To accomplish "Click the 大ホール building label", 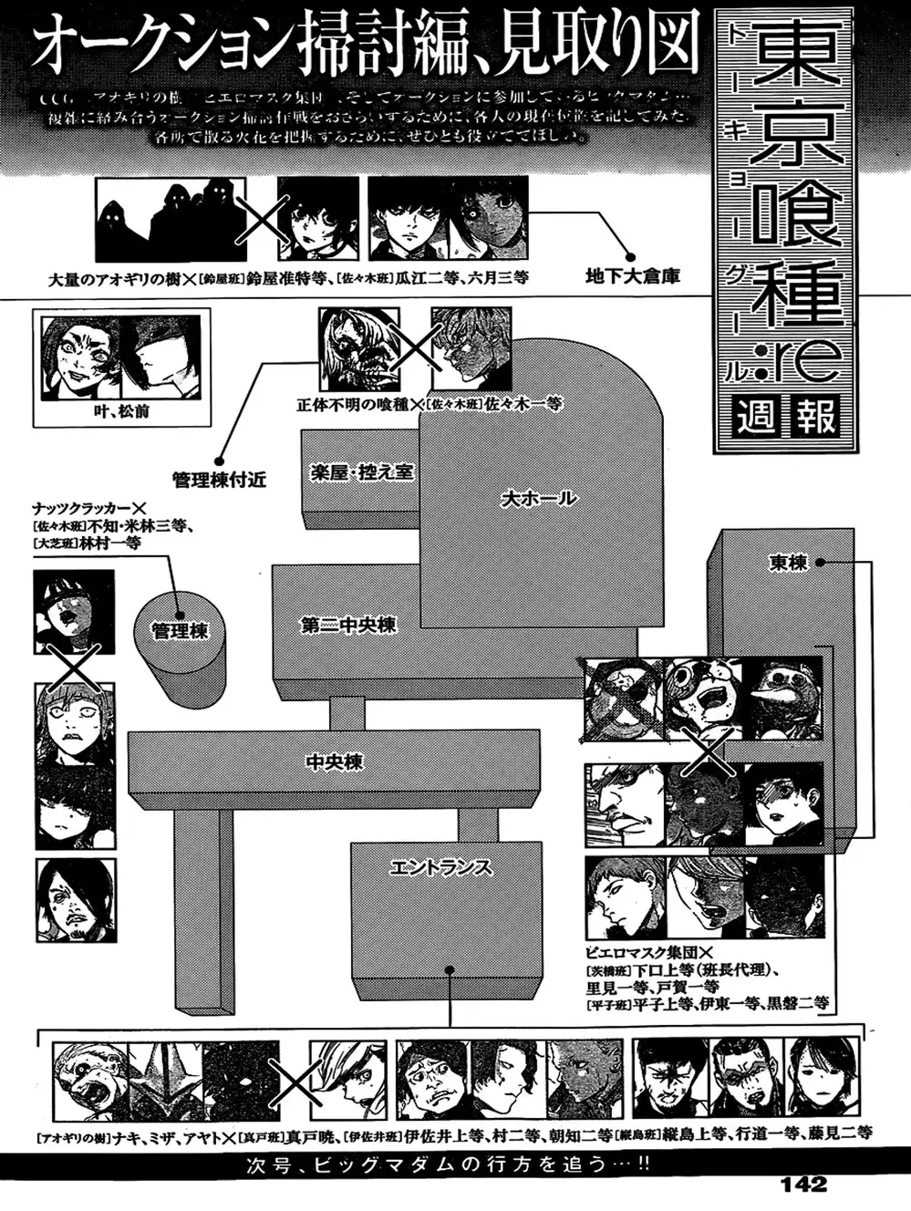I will coord(538,499).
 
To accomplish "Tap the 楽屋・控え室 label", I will coord(361,472).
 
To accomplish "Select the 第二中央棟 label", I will coord(348,626).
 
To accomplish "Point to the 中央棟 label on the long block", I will coord(334,761).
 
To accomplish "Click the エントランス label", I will coord(440,867).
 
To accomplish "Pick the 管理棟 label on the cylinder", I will coord(180,630).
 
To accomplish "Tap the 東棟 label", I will coord(788,563).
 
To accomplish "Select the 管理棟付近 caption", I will coord(219,479).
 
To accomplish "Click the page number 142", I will coord(803,1184).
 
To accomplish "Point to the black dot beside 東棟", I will coord(820,563).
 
